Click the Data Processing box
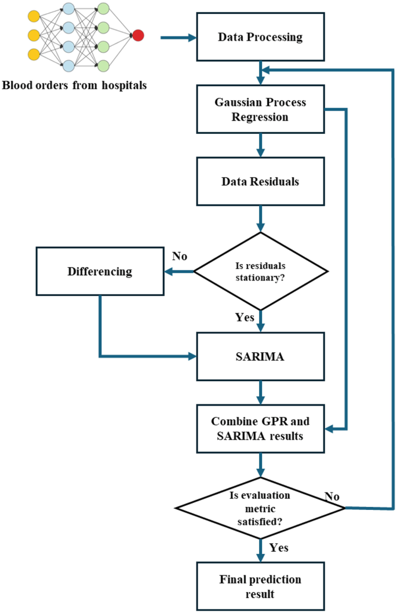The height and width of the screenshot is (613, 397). [x=260, y=38]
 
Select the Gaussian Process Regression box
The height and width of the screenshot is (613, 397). [x=260, y=108]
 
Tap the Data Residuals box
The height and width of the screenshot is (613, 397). [x=260, y=181]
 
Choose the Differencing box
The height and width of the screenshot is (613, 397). [x=100, y=271]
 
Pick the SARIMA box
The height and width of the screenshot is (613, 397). [x=260, y=356]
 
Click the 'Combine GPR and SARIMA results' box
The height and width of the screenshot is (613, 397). [x=260, y=429]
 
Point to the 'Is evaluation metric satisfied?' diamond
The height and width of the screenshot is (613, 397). [x=260, y=508]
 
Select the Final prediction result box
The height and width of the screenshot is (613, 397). [x=260, y=586]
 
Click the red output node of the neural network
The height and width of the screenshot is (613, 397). [x=138, y=36]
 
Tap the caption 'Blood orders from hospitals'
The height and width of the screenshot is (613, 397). [x=74, y=86]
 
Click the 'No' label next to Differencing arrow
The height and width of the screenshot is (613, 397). [x=180, y=256]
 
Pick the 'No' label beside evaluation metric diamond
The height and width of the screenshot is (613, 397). [x=332, y=497]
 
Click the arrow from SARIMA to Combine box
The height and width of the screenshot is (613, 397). [x=260, y=392]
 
